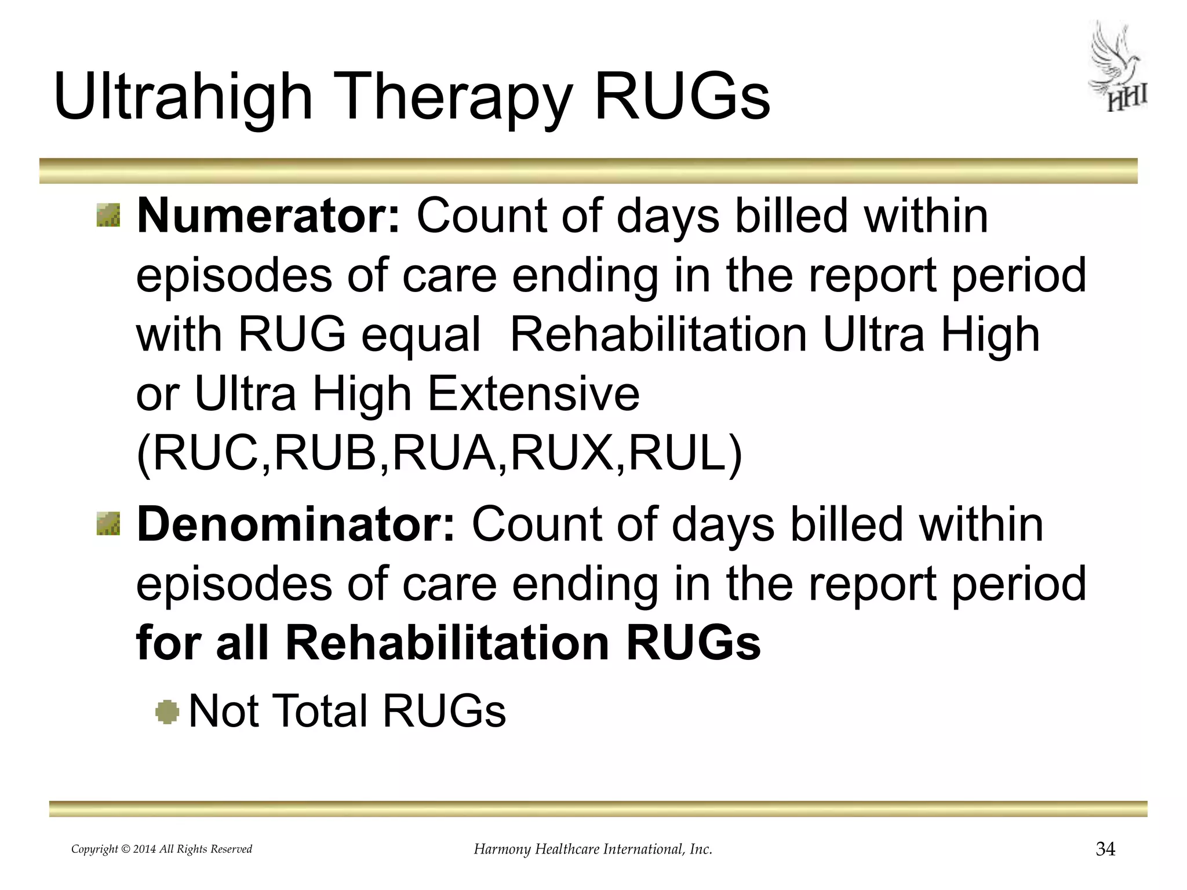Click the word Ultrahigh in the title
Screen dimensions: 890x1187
point(183,99)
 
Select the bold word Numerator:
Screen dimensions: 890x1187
point(268,216)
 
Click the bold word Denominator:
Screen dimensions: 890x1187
point(296,524)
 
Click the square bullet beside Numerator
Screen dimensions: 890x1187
point(109,215)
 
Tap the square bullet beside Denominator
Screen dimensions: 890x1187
point(109,523)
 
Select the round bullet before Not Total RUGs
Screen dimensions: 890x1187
point(168,712)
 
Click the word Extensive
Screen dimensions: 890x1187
point(534,395)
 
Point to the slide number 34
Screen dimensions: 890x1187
point(1105,849)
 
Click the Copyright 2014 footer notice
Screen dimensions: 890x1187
point(162,849)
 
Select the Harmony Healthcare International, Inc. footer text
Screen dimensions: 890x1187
point(593,849)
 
